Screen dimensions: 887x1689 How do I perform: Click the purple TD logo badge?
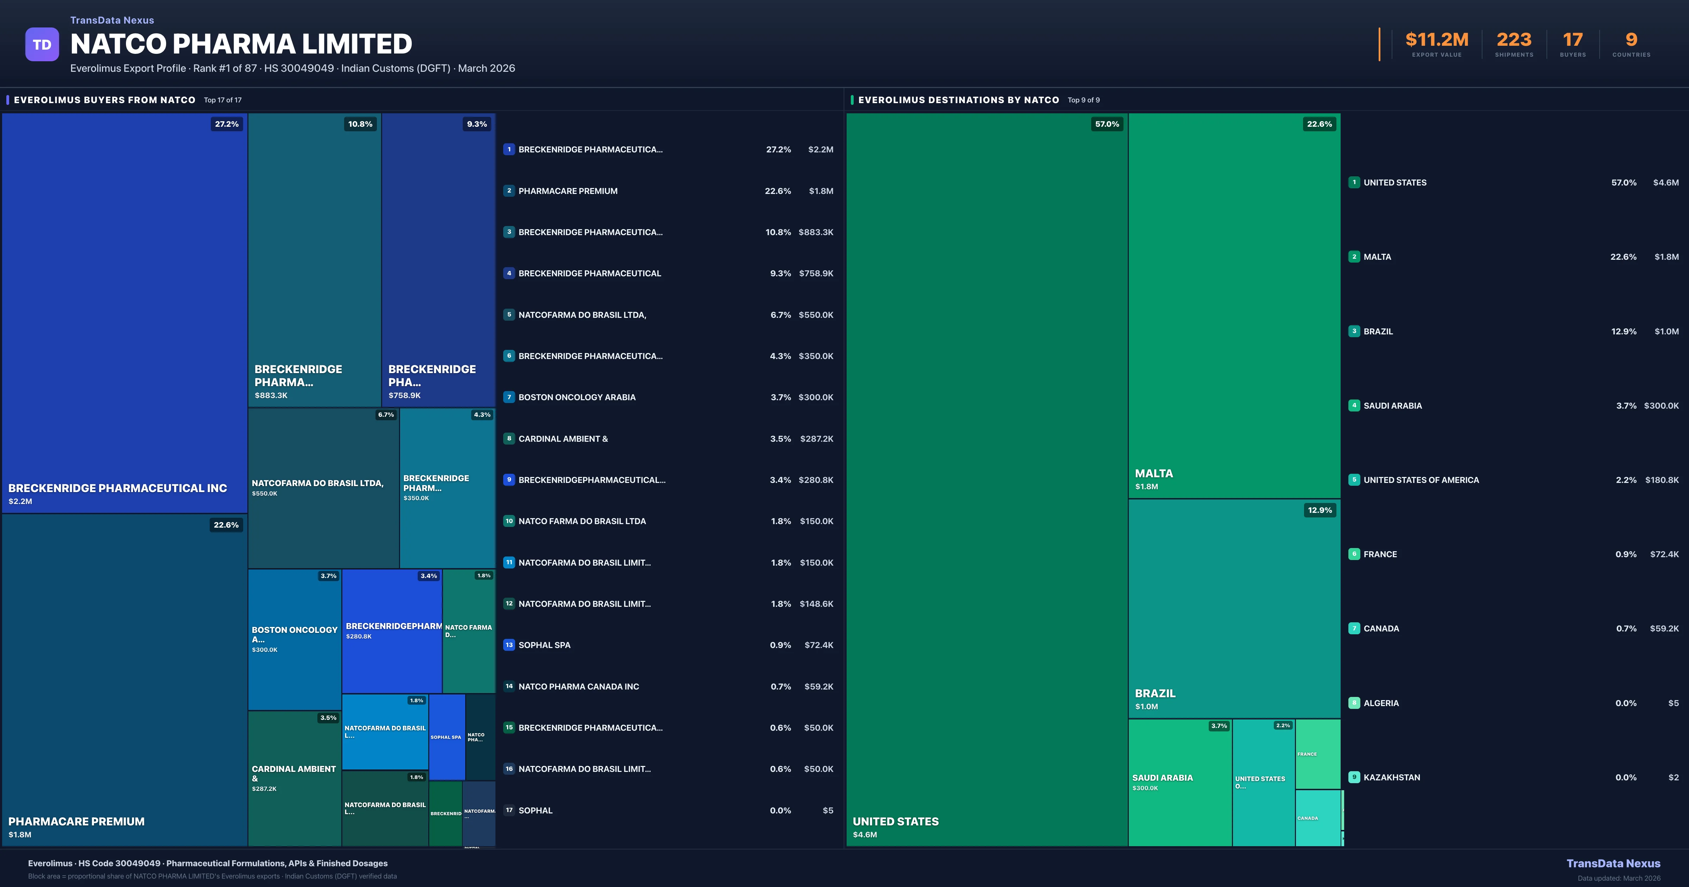click(x=42, y=45)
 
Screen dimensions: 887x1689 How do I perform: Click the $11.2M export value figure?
click(x=1437, y=40)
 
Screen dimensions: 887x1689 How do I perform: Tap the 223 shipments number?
click(x=1514, y=40)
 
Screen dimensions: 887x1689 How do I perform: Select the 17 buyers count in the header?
click(x=1572, y=40)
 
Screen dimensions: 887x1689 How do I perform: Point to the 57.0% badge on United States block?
click(x=1107, y=124)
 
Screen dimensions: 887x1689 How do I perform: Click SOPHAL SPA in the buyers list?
click(x=544, y=645)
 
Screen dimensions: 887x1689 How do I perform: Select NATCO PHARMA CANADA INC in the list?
click(x=578, y=686)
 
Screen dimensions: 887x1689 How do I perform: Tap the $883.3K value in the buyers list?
click(x=816, y=232)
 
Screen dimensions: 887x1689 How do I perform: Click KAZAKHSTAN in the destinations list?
click(x=1391, y=778)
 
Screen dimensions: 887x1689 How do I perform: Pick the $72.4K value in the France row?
click(x=1664, y=554)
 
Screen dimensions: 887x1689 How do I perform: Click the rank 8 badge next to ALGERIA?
click(x=1354, y=703)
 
